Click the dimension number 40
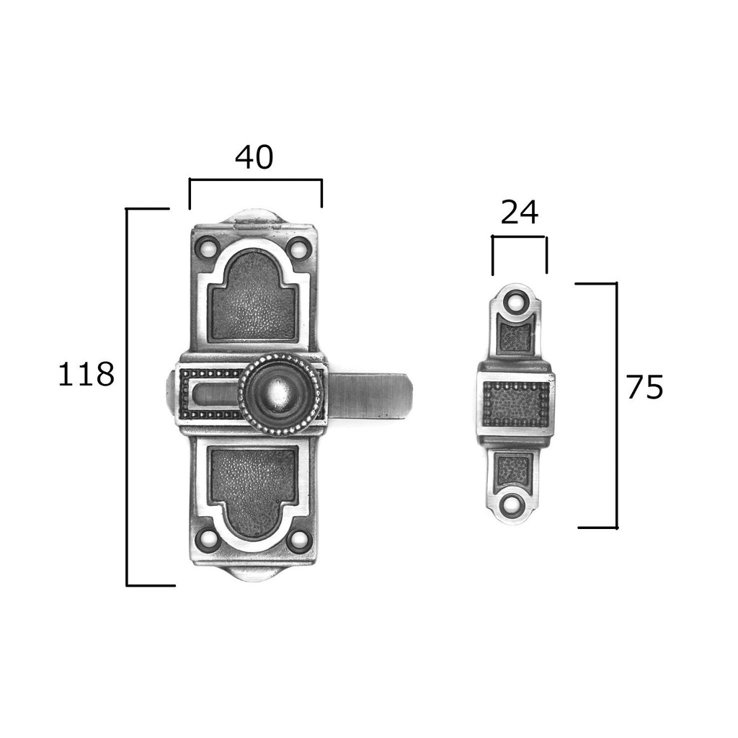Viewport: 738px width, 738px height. point(254,157)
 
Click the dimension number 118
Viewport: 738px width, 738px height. point(86,374)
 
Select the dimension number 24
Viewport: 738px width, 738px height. point(519,213)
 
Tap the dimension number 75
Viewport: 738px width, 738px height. point(644,387)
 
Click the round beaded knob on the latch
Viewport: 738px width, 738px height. point(280,394)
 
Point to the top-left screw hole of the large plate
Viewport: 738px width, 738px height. point(208,247)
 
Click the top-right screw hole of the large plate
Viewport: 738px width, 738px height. point(298,247)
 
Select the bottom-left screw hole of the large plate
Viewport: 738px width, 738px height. point(208,540)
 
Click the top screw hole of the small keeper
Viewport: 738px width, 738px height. point(515,300)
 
